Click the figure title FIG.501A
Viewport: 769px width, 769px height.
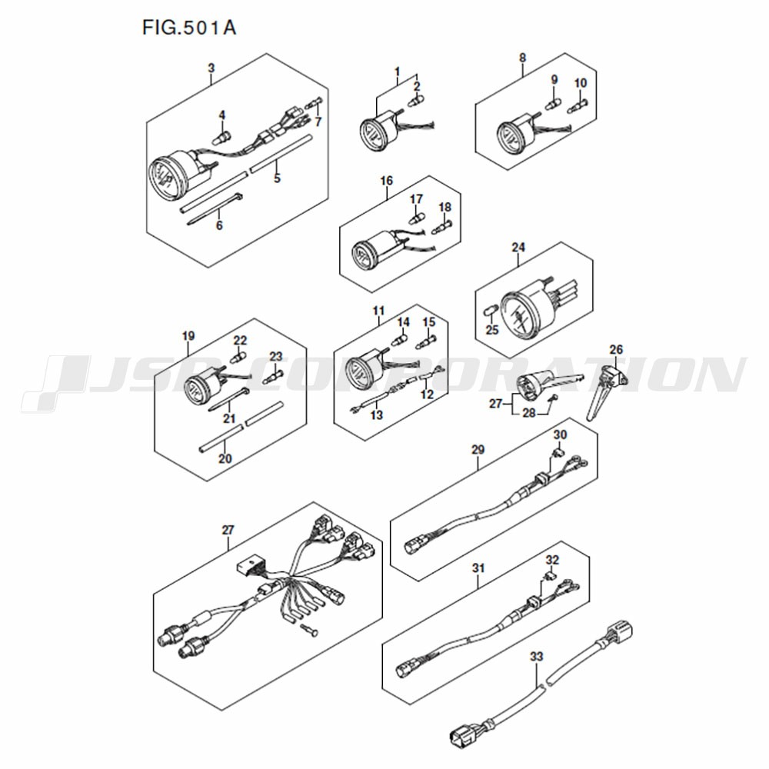(189, 28)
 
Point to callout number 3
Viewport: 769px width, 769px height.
(211, 68)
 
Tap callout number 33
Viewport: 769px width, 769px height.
(537, 656)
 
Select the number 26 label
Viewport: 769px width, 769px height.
(616, 350)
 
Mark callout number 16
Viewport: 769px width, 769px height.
(387, 181)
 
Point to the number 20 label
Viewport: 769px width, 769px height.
(225, 458)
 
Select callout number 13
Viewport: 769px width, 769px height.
(376, 415)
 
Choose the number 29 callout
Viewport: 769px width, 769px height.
(478, 450)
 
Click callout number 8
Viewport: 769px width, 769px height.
(522, 58)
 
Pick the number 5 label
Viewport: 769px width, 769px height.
(277, 178)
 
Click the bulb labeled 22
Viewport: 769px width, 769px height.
(239, 357)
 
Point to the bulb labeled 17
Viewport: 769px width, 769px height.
(416, 215)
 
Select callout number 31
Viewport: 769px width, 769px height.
(478, 568)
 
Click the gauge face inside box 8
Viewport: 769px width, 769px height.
(510, 136)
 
